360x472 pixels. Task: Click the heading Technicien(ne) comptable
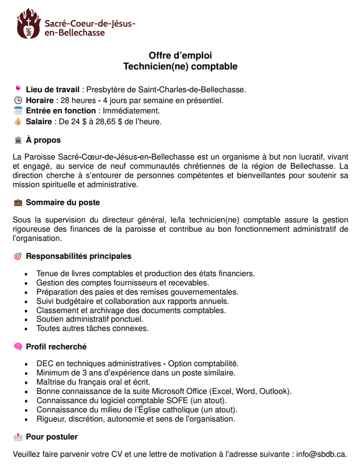point(180,67)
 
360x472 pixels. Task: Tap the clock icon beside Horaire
point(18,100)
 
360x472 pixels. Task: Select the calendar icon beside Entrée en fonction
point(18,111)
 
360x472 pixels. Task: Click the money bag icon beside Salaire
point(18,122)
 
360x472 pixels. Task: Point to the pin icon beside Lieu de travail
point(18,89)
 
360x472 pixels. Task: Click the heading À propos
point(43,141)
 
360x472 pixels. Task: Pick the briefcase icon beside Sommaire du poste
point(18,203)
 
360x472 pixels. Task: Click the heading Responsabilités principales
point(79,256)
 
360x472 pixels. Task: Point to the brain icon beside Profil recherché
point(18,347)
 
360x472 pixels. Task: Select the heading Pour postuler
point(52,437)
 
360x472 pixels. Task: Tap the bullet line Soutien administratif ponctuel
point(89,320)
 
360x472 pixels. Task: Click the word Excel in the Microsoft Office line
point(224,391)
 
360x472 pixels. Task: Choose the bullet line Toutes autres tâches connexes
point(92,329)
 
